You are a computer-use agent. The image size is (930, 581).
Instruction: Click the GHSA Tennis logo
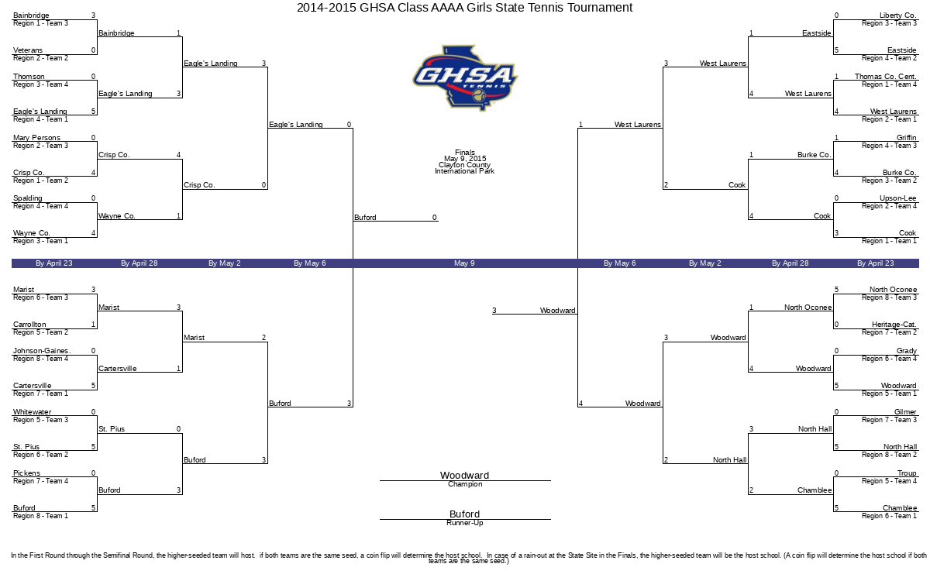point(465,78)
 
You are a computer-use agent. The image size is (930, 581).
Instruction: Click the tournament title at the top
point(464,8)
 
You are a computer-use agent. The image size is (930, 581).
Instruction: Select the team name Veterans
point(28,50)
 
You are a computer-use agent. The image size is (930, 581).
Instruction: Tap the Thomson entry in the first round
point(29,77)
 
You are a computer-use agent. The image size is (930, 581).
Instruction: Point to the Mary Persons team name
point(36,137)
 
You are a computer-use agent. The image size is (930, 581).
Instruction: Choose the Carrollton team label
point(29,324)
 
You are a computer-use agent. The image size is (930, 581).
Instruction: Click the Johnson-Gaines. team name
point(42,351)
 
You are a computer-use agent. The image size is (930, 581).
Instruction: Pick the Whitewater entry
point(32,411)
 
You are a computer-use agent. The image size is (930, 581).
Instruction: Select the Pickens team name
point(26,473)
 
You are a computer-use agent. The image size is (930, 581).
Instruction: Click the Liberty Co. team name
point(898,15)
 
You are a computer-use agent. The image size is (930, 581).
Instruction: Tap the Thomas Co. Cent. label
point(886,77)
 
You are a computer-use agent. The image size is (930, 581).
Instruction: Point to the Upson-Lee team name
point(897,198)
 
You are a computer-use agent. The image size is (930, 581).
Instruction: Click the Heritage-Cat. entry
point(894,324)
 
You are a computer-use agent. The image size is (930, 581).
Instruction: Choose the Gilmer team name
point(905,411)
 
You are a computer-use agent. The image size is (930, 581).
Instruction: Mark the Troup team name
point(907,473)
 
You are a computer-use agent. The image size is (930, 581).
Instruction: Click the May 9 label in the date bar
point(464,263)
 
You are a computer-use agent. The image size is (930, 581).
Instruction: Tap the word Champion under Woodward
point(465,484)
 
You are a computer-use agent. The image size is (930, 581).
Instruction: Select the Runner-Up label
point(465,522)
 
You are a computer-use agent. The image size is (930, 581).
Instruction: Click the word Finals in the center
point(464,152)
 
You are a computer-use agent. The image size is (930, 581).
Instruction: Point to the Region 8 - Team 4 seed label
point(40,359)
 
